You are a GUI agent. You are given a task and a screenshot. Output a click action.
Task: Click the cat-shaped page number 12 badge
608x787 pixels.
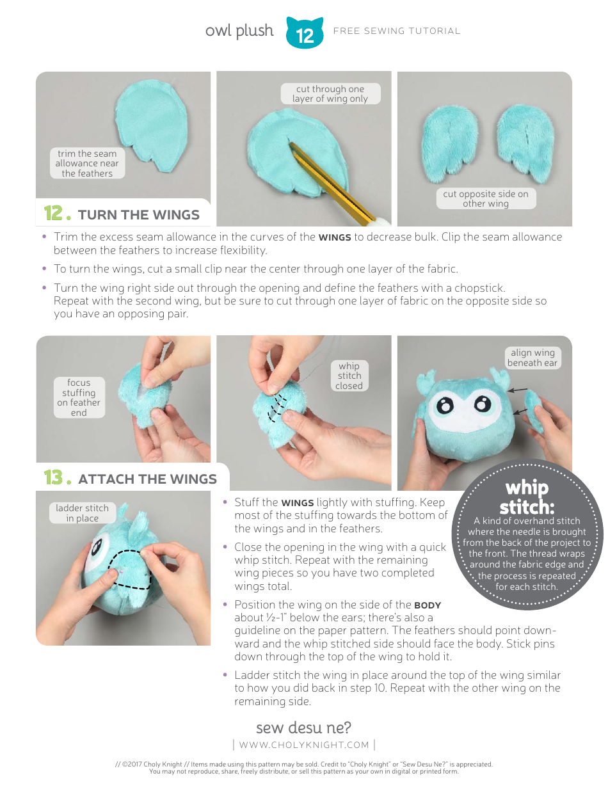pyautogui.click(x=305, y=33)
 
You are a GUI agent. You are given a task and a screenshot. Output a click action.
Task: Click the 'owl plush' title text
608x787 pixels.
pyautogui.click(x=239, y=31)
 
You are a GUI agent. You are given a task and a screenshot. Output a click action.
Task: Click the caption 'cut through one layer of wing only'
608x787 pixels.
pyautogui.click(x=330, y=93)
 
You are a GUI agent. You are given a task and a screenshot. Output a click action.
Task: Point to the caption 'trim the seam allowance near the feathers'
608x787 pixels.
pyautogui.click(x=87, y=163)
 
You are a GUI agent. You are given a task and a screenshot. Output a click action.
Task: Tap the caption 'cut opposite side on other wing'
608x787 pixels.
pyautogui.click(x=486, y=198)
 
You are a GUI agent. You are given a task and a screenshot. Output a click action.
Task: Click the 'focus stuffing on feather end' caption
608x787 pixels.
pyautogui.click(x=79, y=397)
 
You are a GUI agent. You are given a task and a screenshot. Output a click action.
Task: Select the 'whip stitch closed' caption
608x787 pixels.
pyautogui.click(x=349, y=376)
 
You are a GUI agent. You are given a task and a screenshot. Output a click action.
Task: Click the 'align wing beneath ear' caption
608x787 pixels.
pyautogui.click(x=532, y=358)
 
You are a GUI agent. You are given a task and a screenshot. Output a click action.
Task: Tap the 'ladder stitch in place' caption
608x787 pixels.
pyautogui.click(x=82, y=513)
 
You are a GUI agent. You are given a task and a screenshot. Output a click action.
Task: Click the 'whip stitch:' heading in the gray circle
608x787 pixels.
pyautogui.click(x=527, y=497)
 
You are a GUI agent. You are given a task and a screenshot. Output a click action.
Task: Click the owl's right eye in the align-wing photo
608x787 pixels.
pyautogui.click(x=484, y=403)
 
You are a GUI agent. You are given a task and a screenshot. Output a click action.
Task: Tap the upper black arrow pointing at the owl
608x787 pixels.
pyautogui.click(x=518, y=389)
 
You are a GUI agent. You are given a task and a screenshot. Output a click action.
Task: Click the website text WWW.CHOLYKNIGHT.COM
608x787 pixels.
pyautogui.click(x=304, y=744)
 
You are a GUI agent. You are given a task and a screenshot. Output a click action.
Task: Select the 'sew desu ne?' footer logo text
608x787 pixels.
pyautogui.click(x=303, y=727)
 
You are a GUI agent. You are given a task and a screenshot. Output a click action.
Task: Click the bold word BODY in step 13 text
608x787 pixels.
pyautogui.click(x=427, y=605)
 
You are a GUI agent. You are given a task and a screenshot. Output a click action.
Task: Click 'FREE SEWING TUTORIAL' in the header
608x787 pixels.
pyautogui.click(x=397, y=31)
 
